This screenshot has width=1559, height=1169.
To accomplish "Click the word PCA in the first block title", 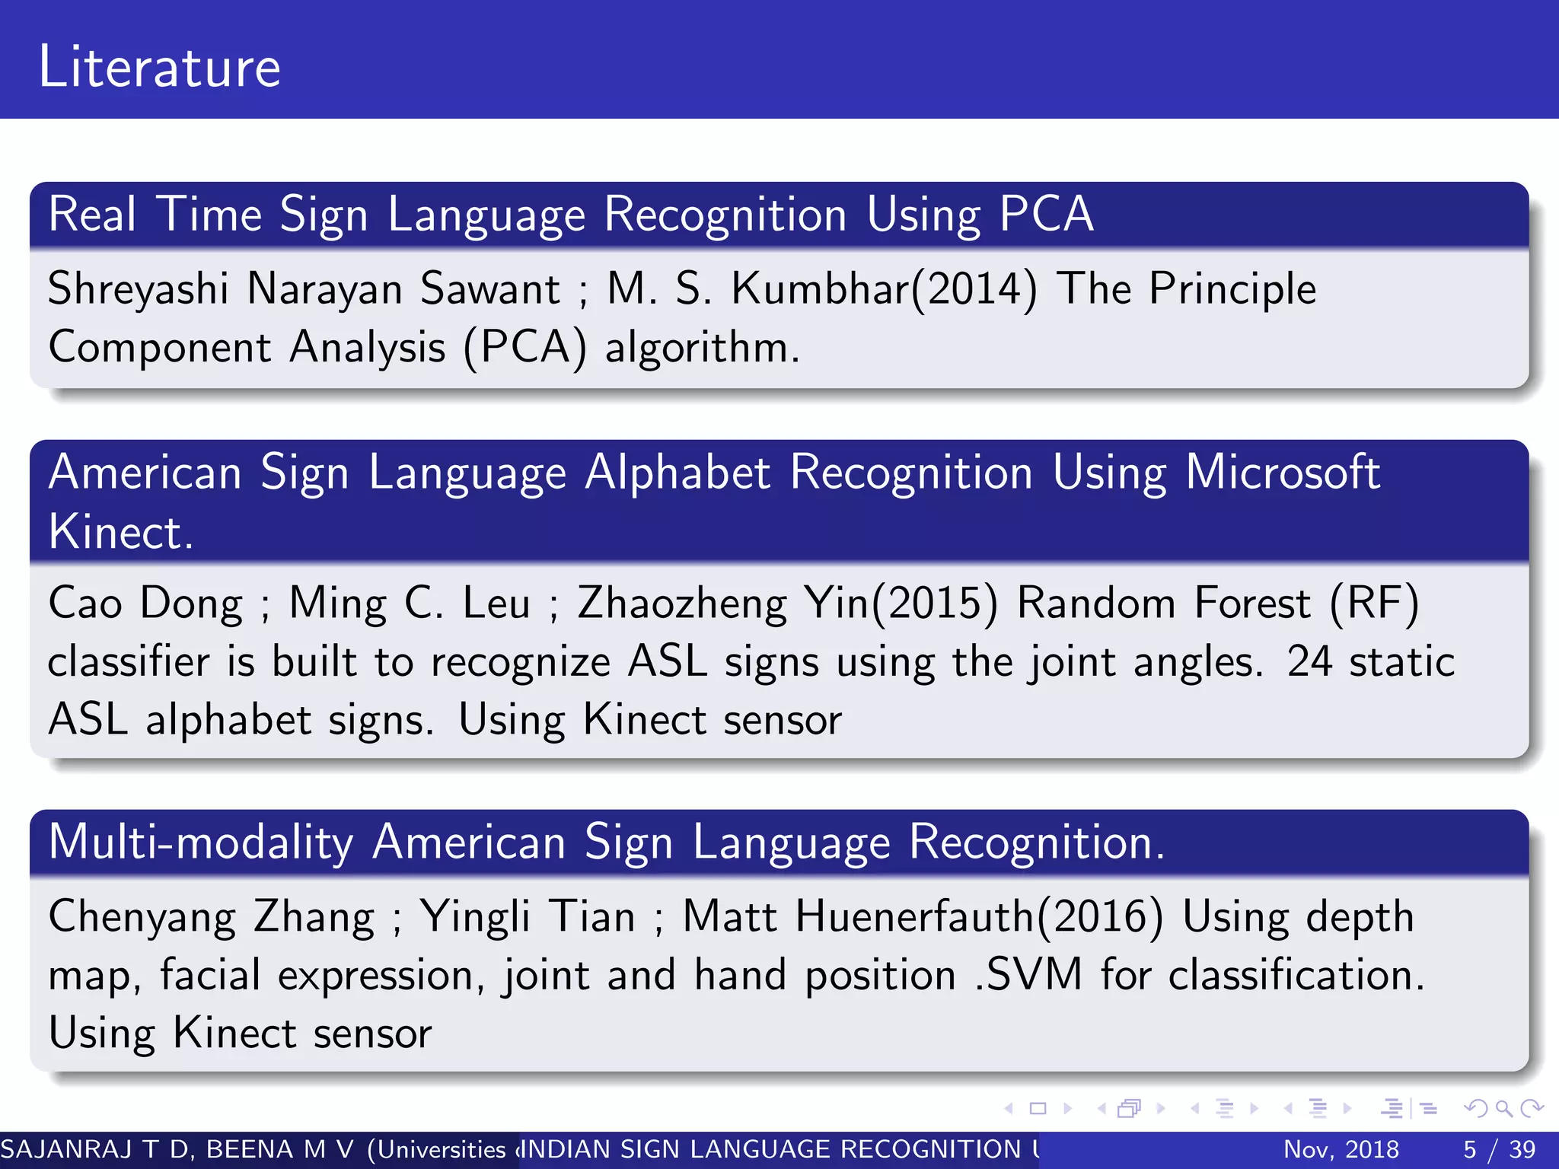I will [1046, 214].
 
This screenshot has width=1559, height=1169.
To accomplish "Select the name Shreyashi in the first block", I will [138, 290].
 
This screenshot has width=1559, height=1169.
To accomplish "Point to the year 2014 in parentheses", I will [975, 290].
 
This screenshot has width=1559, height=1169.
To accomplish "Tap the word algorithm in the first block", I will [701, 349].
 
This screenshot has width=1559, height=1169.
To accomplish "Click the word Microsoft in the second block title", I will [1282, 472].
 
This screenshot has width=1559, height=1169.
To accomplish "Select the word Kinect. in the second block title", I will [121, 531].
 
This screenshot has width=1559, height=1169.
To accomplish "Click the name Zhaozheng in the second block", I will [681, 604].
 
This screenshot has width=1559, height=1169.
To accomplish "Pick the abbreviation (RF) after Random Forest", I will [1374, 604].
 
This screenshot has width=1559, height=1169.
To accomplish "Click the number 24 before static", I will [1309, 661].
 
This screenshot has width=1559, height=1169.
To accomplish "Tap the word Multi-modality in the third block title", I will [201, 843].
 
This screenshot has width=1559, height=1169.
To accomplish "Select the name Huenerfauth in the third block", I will [913, 916].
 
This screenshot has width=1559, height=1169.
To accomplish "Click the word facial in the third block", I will [210, 975].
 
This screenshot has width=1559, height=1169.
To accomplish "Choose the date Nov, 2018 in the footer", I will [1341, 1149].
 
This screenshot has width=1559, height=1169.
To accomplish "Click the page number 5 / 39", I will [1499, 1149].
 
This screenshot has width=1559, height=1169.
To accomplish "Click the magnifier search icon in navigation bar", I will [1503, 1108].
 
